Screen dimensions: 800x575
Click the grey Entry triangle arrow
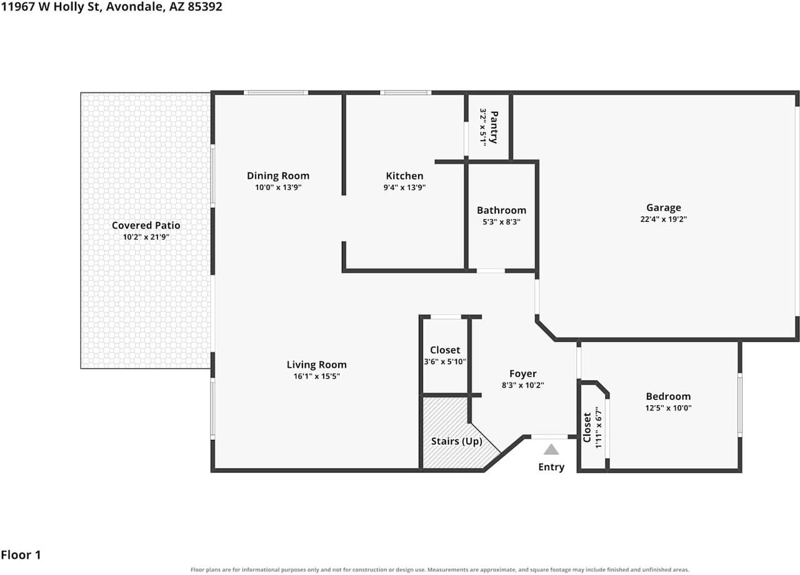(x=551, y=449)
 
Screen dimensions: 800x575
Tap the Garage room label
(x=664, y=207)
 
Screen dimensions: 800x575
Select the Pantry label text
(x=494, y=127)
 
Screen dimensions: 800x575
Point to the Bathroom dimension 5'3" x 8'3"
(x=501, y=222)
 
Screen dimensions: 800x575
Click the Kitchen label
(x=404, y=176)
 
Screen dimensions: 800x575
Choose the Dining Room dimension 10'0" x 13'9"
(x=278, y=187)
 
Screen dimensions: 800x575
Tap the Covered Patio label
(x=146, y=226)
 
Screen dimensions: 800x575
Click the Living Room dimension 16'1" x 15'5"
(x=316, y=376)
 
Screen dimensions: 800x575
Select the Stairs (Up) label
(x=456, y=441)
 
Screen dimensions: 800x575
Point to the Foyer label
(x=523, y=374)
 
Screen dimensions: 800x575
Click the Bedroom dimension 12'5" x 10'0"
(x=668, y=408)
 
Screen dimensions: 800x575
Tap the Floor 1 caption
(x=21, y=554)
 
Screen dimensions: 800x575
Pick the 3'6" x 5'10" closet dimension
(x=445, y=361)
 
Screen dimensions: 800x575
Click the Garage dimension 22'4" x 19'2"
(x=664, y=219)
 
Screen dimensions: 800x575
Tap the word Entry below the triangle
(x=551, y=467)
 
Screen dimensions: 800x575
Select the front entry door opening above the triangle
(x=549, y=436)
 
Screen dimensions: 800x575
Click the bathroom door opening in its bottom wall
(x=491, y=271)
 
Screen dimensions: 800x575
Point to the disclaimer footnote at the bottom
(x=439, y=569)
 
